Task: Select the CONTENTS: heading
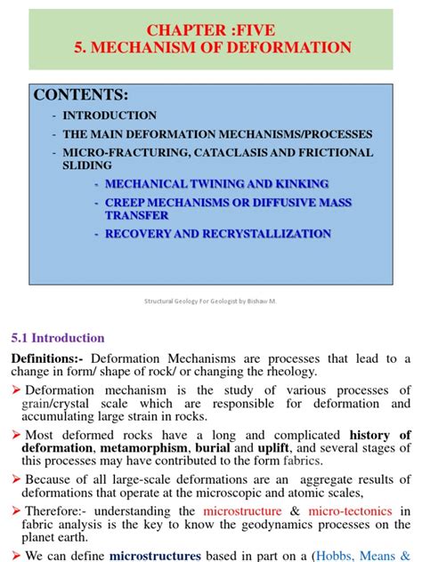(81, 95)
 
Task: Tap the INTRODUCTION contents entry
(110, 116)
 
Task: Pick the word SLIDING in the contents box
(87, 165)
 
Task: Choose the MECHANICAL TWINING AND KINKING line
(217, 183)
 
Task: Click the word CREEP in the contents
(128, 202)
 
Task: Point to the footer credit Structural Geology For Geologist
(210, 301)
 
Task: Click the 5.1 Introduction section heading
(58, 338)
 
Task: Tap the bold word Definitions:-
(47, 358)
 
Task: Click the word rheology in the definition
(291, 372)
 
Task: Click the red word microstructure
(246, 511)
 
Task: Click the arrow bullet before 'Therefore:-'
(15, 511)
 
